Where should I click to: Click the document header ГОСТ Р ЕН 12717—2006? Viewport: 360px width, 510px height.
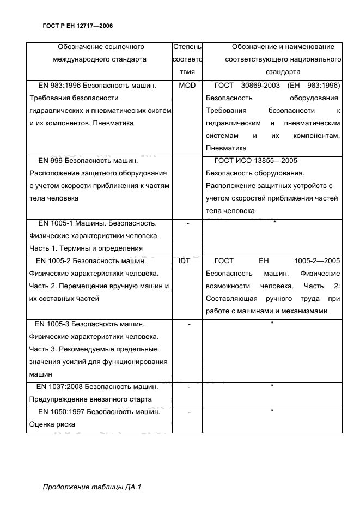coord(77,26)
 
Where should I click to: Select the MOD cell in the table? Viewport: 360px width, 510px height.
coord(187,86)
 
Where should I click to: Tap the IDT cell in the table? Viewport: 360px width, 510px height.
coord(185,261)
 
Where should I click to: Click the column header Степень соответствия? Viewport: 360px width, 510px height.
coord(187,59)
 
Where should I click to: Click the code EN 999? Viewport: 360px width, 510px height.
coord(50,161)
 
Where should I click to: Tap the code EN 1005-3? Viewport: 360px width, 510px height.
coord(53,324)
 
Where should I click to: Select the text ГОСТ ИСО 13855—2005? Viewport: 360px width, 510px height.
coord(257,161)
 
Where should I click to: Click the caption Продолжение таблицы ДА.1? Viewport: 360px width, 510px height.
coord(92,487)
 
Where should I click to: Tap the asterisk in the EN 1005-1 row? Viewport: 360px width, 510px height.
coord(274,222)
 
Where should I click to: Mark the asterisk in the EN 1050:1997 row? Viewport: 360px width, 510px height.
coord(272,410)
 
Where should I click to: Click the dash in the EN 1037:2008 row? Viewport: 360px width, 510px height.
coord(188,387)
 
